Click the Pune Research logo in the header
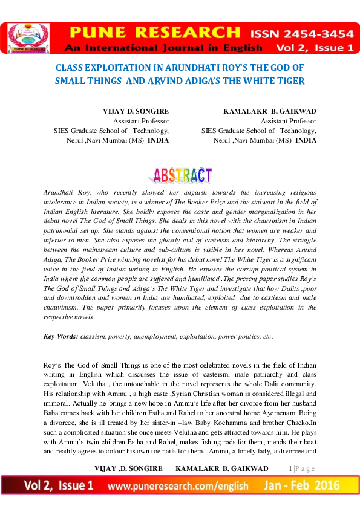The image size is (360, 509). click(27, 37)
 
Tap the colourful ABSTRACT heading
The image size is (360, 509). click(180, 175)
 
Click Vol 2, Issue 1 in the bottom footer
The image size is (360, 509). click(58, 485)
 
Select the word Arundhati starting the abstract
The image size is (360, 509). click(61, 192)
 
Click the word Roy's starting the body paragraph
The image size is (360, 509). click(54, 366)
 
